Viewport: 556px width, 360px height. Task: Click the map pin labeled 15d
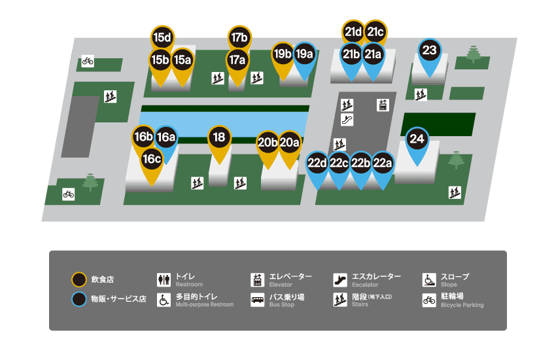point(162,37)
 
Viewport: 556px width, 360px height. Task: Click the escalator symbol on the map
point(347,120)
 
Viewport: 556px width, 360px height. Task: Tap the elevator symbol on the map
point(383,105)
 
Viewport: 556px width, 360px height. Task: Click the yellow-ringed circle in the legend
point(78,279)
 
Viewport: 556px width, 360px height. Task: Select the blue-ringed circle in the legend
point(78,299)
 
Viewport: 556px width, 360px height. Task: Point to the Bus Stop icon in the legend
point(258,300)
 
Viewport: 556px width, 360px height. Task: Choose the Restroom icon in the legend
point(164,280)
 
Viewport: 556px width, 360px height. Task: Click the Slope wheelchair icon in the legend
point(429,280)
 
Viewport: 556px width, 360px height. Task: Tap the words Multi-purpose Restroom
point(205,304)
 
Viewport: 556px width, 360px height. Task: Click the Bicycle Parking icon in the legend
point(429,300)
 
